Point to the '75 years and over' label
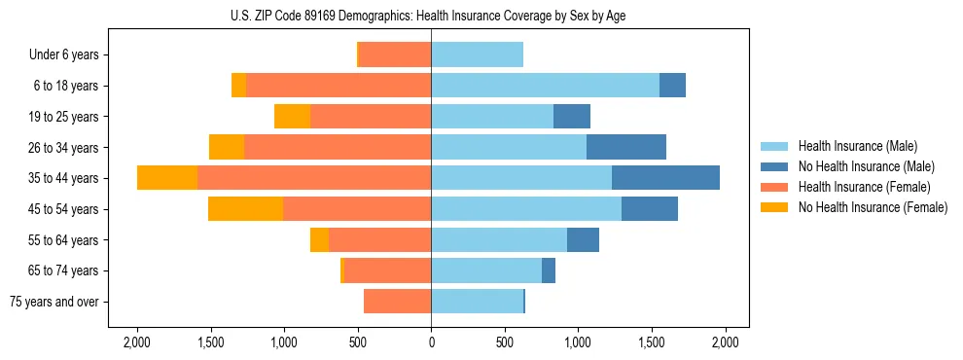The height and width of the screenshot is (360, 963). coord(54,302)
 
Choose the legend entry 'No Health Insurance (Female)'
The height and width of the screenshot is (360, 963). coord(873,207)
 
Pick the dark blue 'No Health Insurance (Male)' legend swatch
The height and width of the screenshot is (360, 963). coord(774,167)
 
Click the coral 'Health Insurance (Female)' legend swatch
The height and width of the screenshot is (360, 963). coord(774,187)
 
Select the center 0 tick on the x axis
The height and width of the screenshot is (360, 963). coord(431,342)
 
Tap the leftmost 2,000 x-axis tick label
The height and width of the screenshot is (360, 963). coord(136,342)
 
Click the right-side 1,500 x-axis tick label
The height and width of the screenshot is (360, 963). coord(652,342)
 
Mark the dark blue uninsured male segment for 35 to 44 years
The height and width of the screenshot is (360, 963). coord(665,178)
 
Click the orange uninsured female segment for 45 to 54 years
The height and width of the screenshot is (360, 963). coord(245,209)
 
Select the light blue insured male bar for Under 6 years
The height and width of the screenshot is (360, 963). coord(477,55)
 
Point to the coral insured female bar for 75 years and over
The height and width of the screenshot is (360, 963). coord(397,302)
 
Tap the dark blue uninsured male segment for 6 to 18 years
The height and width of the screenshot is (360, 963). coord(672,86)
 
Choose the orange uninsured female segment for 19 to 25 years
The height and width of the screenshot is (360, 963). coord(292,117)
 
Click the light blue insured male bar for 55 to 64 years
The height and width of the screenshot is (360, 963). coord(499,239)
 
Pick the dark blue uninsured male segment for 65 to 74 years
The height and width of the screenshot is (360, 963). coord(549,270)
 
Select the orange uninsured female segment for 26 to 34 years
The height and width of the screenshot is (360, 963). coord(227,147)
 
